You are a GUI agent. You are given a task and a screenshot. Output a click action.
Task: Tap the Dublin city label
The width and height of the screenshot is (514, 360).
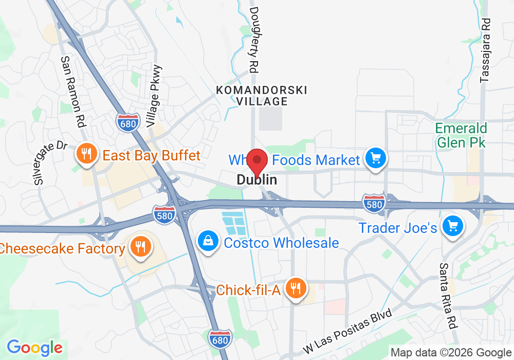tap(257, 180)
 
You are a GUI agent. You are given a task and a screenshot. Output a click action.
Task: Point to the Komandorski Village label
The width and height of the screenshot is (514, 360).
tap(262, 96)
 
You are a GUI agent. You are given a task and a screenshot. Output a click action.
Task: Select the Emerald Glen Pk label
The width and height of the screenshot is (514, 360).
tap(461, 135)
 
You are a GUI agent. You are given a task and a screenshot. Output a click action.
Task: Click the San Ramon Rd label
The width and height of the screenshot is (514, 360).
tap(72, 92)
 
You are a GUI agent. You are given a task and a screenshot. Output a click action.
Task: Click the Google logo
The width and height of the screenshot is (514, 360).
tap(34, 348)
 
